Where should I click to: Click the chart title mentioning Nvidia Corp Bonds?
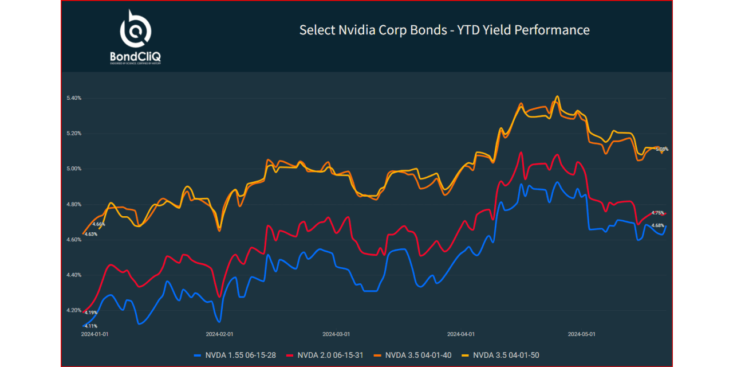click(x=444, y=30)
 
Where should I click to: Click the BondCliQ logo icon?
click(x=135, y=29)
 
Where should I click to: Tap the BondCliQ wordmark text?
click(x=135, y=56)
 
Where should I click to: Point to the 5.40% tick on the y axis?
click(x=74, y=98)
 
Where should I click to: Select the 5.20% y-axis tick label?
click(x=74, y=134)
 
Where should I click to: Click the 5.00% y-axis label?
click(x=74, y=169)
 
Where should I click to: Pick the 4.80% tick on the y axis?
click(x=74, y=205)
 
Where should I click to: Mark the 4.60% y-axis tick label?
click(x=74, y=240)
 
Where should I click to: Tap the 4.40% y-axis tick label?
click(x=74, y=275)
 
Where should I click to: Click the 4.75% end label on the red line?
click(x=657, y=213)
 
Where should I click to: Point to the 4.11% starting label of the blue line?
click(x=90, y=326)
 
